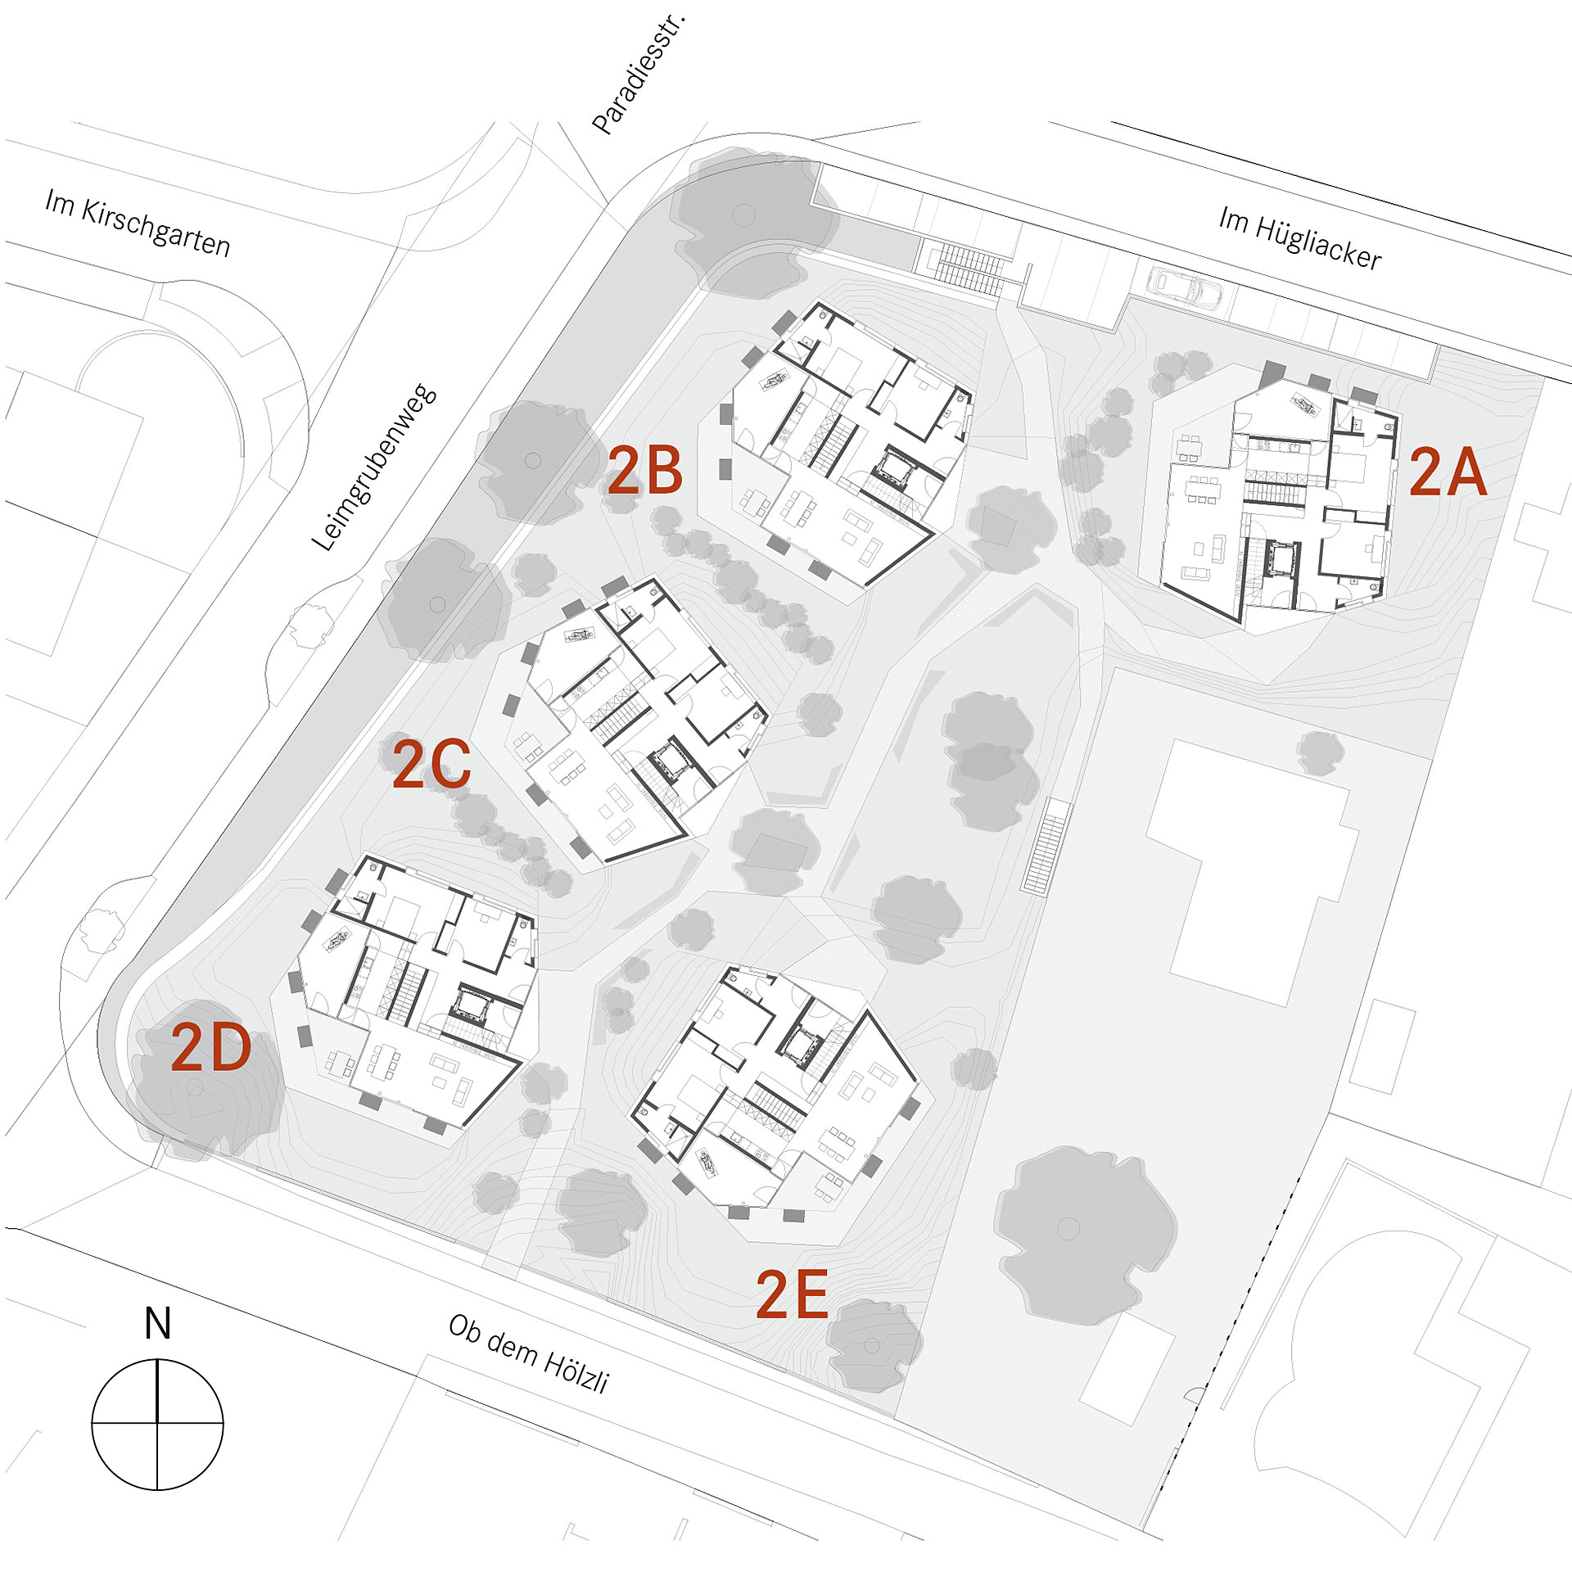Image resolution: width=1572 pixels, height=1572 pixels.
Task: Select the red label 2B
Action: point(644,471)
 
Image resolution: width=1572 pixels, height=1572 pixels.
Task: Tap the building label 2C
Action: point(431,764)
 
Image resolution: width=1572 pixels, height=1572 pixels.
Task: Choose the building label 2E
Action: point(792,1294)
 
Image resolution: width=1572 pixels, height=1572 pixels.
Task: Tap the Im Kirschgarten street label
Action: point(138,223)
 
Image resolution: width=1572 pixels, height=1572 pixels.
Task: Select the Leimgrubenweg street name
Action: point(374,468)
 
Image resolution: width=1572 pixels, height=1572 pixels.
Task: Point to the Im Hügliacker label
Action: point(1300,238)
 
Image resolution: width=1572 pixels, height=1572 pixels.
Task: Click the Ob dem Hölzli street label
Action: point(529,1353)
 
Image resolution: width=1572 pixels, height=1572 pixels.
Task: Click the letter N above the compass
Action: point(157,1323)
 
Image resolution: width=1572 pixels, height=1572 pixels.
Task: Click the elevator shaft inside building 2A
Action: point(1278,561)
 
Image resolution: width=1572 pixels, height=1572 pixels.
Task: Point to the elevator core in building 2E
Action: point(798,1044)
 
